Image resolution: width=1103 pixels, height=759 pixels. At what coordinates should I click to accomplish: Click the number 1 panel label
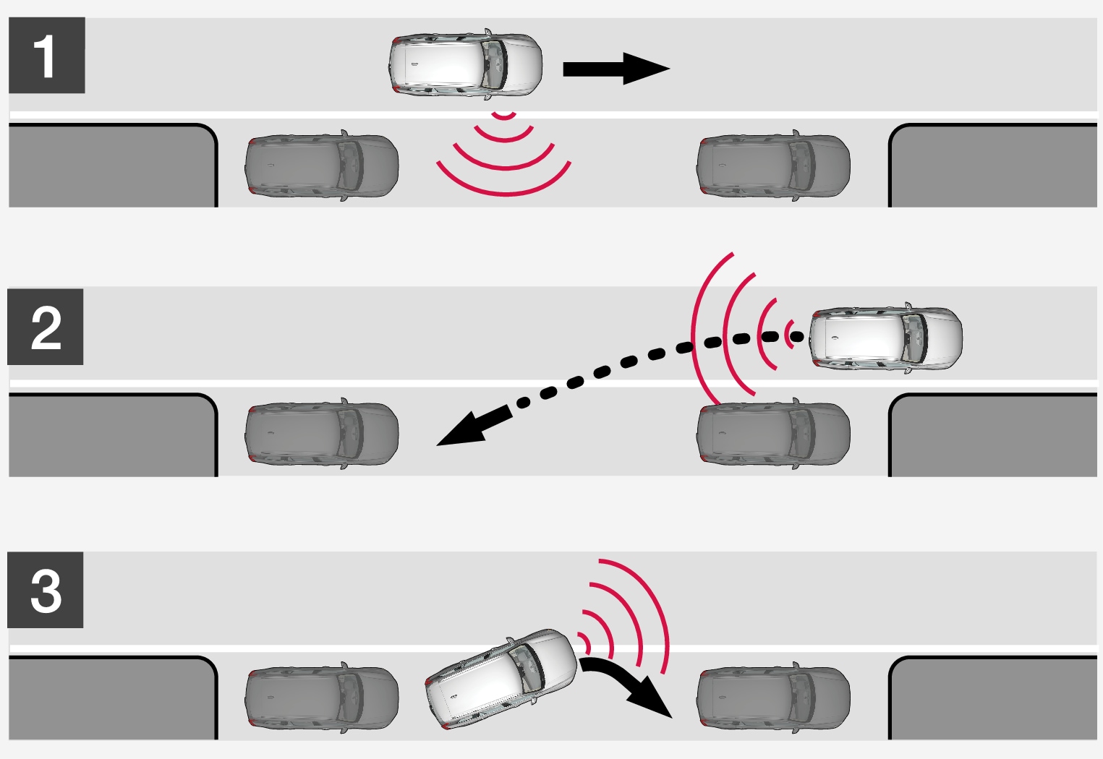[x=47, y=55]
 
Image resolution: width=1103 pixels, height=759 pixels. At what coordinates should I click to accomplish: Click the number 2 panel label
[x=46, y=327]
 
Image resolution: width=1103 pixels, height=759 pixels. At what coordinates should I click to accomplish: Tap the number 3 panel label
[x=46, y=590]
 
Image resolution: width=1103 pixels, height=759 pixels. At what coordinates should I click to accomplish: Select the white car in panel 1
[x=465, y=64]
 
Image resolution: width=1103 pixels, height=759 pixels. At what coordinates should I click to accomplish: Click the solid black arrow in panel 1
[x=616, y=69]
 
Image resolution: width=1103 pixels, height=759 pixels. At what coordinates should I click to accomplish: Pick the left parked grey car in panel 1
[x=322, y=166]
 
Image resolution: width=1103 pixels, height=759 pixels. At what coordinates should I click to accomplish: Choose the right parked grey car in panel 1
[x=773, y=166]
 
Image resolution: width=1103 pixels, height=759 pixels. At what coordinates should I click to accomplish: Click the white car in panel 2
[x=886, y=338]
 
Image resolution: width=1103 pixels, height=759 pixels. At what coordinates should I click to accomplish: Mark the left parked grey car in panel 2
[x=322, y=434]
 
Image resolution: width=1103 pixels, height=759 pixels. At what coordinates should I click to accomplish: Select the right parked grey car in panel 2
[x=773, y=434]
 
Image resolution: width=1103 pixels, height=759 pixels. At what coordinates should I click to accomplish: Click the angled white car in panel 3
[x=501, y=679]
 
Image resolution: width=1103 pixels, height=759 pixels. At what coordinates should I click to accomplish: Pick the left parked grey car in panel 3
[x=322, y=698]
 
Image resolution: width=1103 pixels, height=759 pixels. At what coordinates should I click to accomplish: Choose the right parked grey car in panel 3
[x=773, y=698]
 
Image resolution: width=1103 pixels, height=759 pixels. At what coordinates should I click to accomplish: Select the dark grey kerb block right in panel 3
[x=992, y=698]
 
